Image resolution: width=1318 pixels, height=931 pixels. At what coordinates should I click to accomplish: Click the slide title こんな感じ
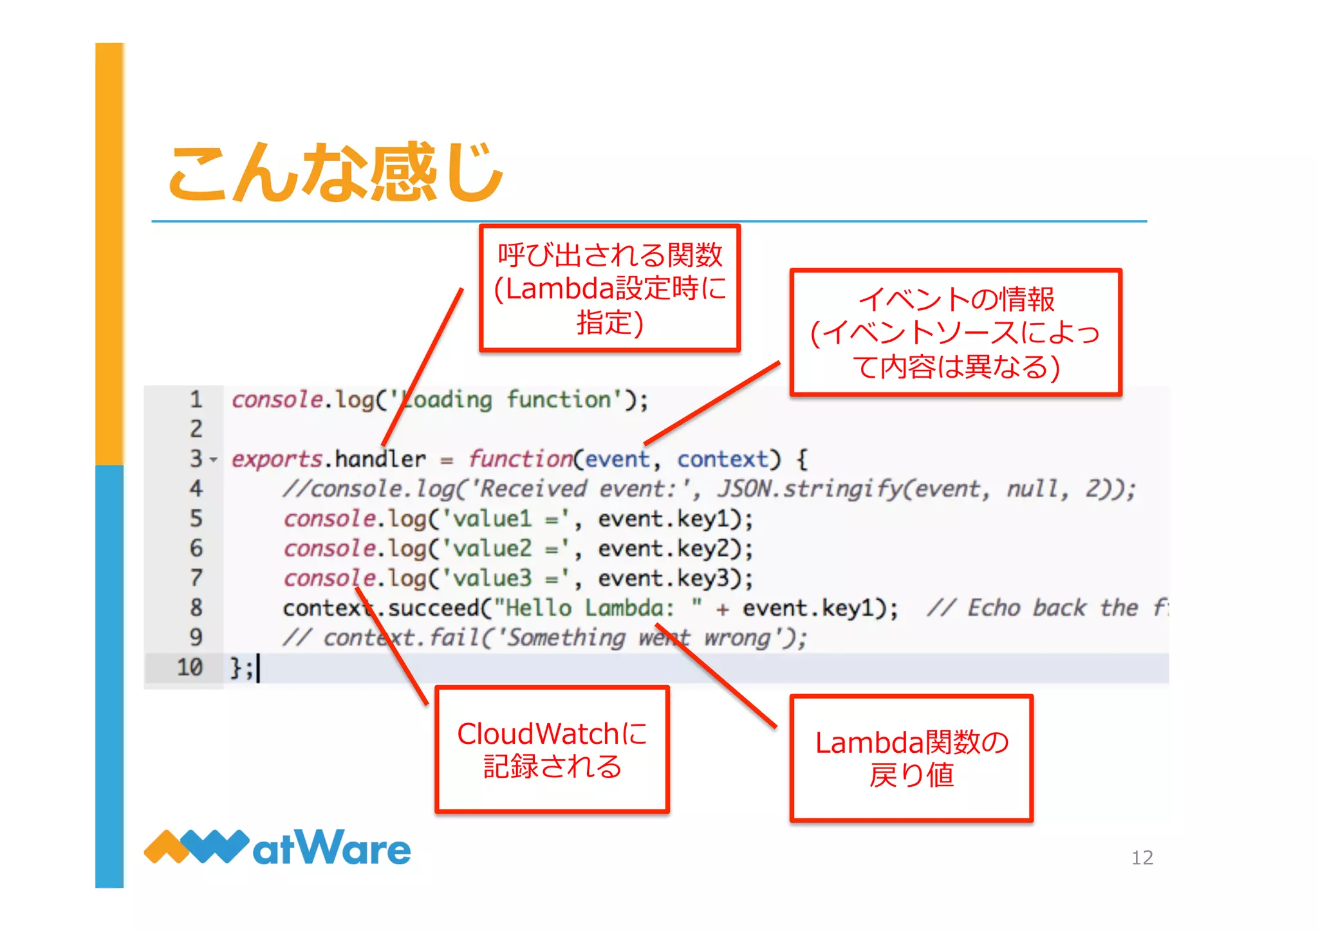tap(335, 171)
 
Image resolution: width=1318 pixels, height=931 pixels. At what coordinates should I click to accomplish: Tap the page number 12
tap(1142, 857)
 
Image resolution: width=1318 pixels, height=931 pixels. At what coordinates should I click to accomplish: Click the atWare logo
tap(277, 847)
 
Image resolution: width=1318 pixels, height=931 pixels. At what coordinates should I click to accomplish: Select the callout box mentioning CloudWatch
tap(552, 750)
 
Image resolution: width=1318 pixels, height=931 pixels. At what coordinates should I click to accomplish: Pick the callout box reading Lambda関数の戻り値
tap(911, 758)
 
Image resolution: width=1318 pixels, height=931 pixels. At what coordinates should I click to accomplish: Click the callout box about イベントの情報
tap(956, 332)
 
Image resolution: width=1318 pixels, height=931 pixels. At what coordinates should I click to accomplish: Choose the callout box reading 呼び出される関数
tap(609, 288)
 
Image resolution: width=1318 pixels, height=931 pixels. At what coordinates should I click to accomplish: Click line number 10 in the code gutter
tap(190, 667)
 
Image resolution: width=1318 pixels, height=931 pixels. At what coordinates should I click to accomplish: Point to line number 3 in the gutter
tap(196, 459)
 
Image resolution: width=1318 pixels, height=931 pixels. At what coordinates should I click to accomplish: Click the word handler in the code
tap(380, 459)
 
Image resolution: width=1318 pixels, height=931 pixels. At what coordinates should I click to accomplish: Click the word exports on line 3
tap(276, 459)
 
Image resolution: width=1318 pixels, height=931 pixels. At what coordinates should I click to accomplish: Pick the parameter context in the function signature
tap(722, 459)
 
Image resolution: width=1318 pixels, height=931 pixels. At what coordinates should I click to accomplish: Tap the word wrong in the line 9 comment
tap(737, 638)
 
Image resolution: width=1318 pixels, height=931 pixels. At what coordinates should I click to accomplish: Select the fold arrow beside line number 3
tap(214, 459)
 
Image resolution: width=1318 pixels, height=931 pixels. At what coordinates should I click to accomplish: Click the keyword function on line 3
tap(520, 459)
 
